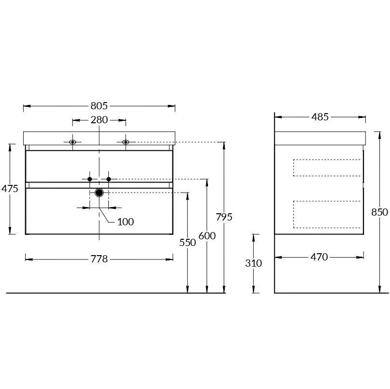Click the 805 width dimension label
pos(99,106)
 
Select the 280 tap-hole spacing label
pos(99,120)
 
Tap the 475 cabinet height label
pos(10,189)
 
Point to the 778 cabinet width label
pos(99,259)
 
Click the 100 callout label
pos(126,222)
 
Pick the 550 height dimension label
pos(188,243)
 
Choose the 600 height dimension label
pos(207,236)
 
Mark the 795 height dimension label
pos(224,217)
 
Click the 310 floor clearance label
pos(253,263)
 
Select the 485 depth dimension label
pos(320,117)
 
